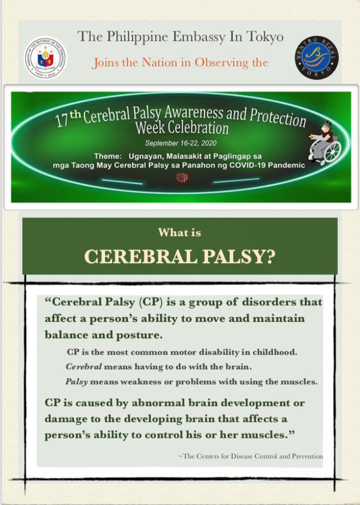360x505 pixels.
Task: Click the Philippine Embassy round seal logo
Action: pyautogui.click(x=46, y=58)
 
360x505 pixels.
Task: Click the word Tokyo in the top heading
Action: pyautogui.click(x=265, y=37)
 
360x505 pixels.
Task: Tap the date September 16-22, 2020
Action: pyautogui.click(x=180, y=144)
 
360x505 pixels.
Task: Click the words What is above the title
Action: pyautogui.click(x=180, y=233)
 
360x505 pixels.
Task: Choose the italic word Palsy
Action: pyautogui.click(x=76, y=381)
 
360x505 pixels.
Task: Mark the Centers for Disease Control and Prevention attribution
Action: pyautogui.click(x=251, y=457)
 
